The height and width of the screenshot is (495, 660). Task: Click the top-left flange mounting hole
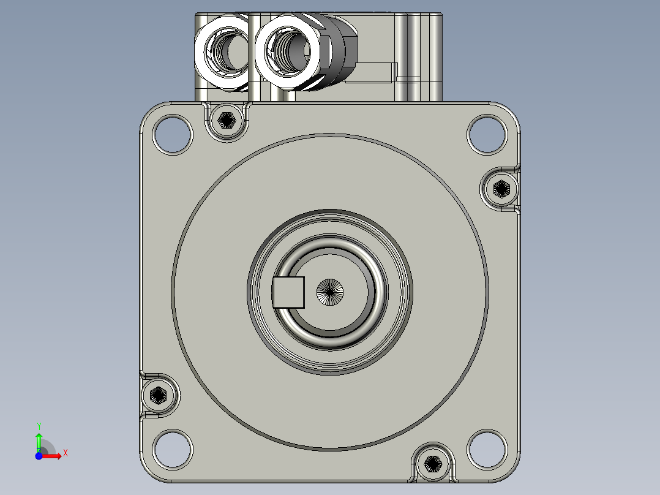[173, 134]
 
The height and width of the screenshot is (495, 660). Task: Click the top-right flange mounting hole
[487, 134]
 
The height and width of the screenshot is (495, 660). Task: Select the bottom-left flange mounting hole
[173, 449]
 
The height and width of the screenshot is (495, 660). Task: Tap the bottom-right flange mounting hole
[487, 449]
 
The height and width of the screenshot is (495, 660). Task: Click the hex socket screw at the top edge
[227, 121]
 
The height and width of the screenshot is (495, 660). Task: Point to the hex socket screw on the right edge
[501, 189]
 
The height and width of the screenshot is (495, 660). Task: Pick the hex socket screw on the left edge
[158, 395]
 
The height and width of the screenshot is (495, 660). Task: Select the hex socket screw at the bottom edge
[433, 463]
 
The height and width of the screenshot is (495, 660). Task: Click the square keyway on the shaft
[289, 292]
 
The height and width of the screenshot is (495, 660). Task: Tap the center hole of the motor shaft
[330, 292]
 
